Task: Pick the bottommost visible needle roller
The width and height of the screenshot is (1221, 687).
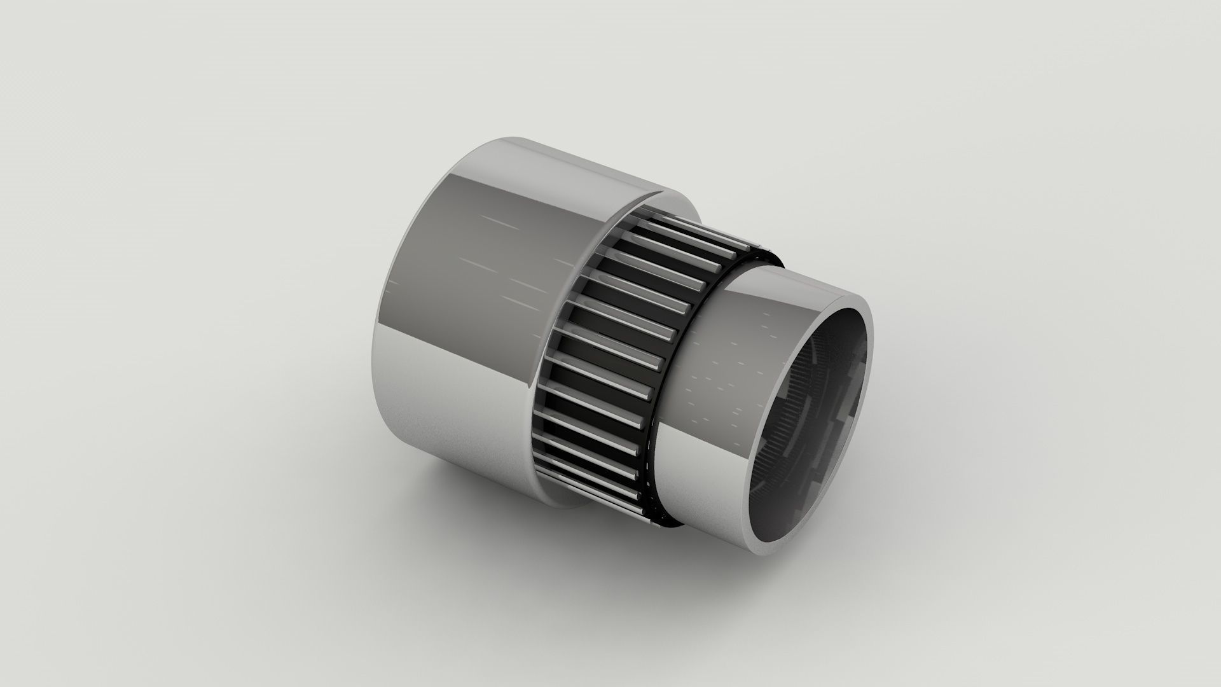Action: [x=591, y=503]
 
